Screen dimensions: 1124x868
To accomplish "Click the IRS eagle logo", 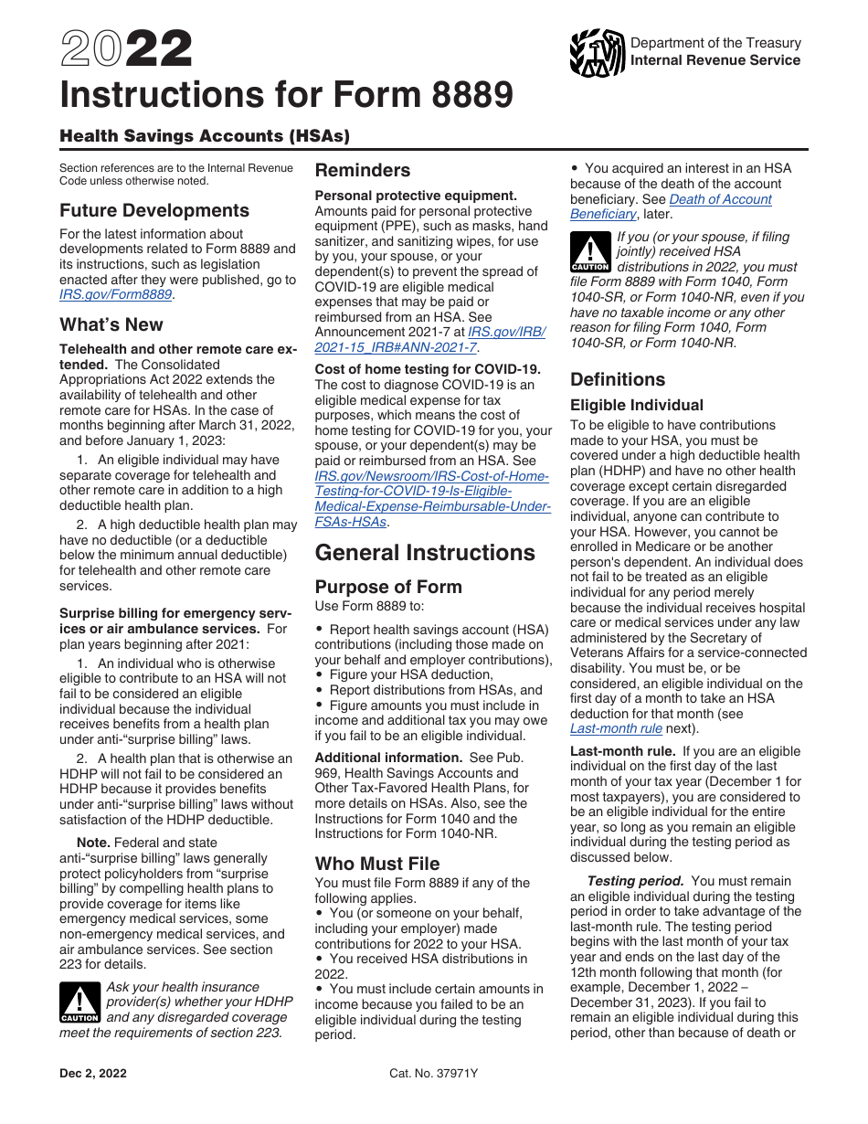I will click(x=597, y=53).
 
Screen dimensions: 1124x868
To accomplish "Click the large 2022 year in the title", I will click(x=126, y=49).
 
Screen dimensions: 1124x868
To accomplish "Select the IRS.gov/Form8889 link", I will click(x=115, y=294).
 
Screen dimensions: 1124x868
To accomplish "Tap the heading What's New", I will click(x=111, y=324).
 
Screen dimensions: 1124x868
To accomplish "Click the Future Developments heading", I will click(x=154, y=210).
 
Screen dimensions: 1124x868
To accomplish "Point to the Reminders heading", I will click(x=363, y=170).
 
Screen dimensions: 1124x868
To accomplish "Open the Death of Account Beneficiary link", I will click(x=672, y=207).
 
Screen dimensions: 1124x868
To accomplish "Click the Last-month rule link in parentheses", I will click(x=616, y=728).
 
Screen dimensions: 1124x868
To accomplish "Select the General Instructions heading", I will click(x=425, y=553).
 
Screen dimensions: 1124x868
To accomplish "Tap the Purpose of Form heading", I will click(x=388, y=587).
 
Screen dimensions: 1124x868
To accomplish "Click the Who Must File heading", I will click(x=377, y=864).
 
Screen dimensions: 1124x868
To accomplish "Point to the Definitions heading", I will click(x=618, y=379).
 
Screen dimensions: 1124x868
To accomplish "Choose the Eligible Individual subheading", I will click(x=637, y=405).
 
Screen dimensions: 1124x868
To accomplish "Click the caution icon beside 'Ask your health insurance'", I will click(x=79, y=1002).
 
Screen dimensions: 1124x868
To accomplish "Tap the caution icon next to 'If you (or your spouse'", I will click(x=589, y=252).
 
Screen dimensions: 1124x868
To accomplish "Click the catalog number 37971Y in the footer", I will click(x=433, y=1074).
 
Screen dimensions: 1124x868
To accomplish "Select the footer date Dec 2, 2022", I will click(x=93, y=1074).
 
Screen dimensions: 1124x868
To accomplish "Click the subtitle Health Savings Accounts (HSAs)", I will click(x=205, y=136).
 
